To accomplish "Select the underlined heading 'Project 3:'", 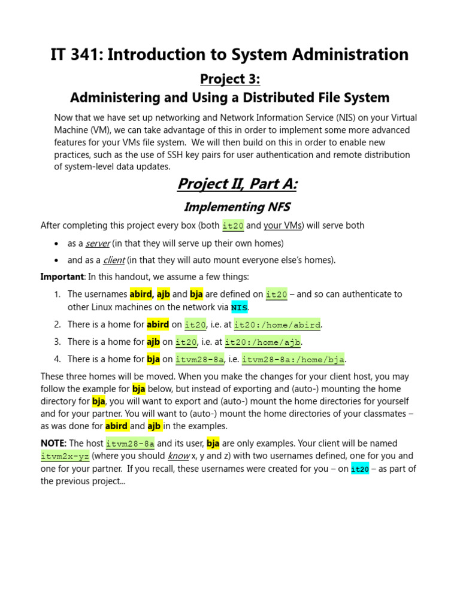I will (x=230, y=79).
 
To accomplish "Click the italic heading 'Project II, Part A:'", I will (x=237, y=184).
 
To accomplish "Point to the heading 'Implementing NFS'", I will (x=237, y=207).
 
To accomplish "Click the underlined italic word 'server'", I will (x=97, y=243).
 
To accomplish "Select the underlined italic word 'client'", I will (x=113, y=260).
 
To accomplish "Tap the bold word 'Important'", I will (x=62, y=277).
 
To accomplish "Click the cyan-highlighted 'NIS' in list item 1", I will (x=239, y=307).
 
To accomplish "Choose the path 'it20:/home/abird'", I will (x=277, y=324).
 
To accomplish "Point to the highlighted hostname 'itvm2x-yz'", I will (x=65, y=456).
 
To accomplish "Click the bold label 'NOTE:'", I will (x=53, y=444).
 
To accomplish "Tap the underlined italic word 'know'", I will (x=178, y=456).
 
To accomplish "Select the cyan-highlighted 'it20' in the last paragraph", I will (x=359, y=469).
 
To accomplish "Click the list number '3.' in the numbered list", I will (x=57, y=342).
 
